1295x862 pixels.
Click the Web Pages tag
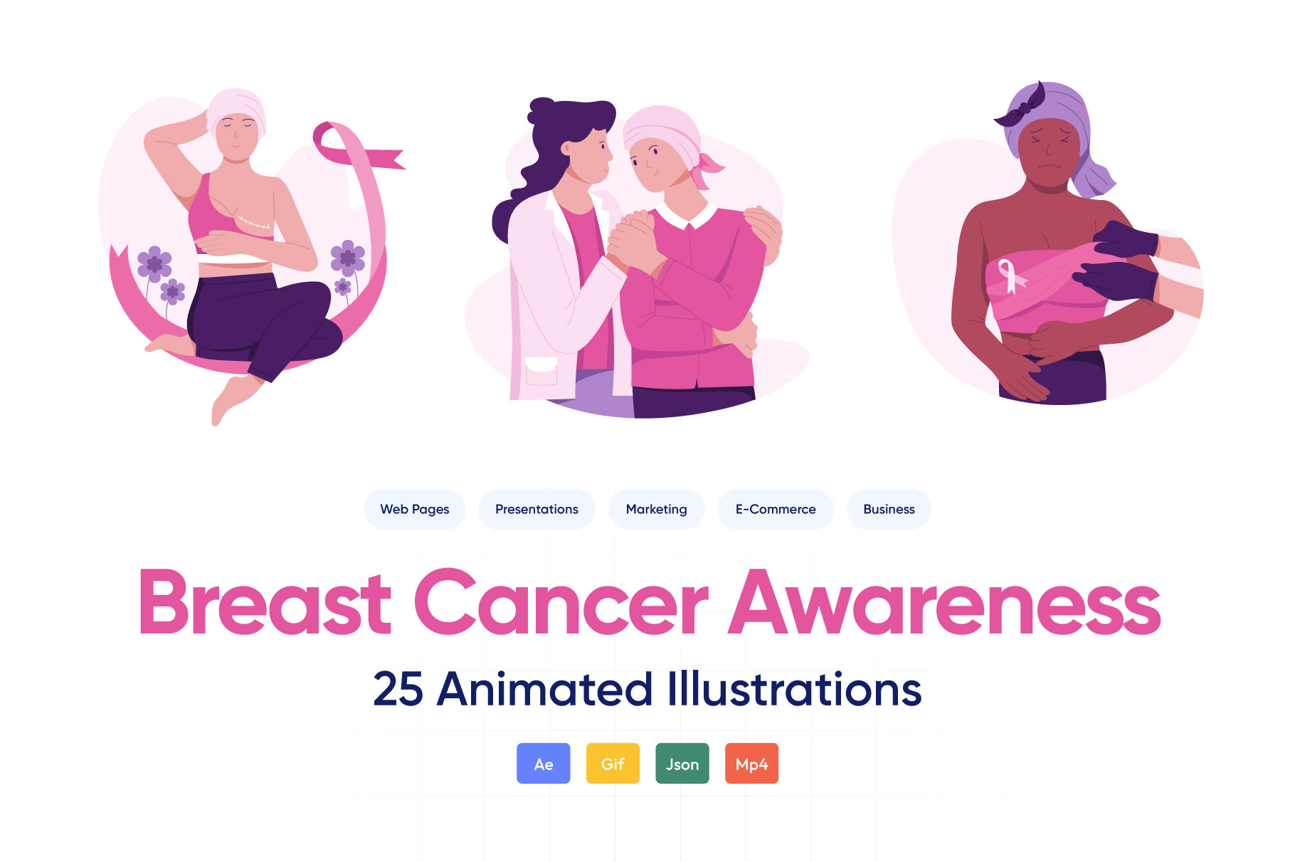(415, 509)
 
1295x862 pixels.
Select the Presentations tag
(536, 509)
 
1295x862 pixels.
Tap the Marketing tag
(656, 509)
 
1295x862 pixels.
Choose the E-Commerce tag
(776, 509)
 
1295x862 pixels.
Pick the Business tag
(889, 509)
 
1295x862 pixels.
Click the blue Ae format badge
(544, 764)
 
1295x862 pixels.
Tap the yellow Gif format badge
(613, 764)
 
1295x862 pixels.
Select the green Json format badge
(682, 764)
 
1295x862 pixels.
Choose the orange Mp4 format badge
(751, 764)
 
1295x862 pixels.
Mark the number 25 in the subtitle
(398, 689)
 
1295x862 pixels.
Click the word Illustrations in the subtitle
(794, 689)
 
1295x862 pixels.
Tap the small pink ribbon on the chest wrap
(1011, 276)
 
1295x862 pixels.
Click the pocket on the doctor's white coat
(541, 370)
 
